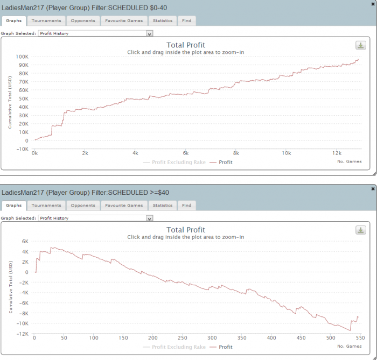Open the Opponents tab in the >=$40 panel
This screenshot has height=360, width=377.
83,206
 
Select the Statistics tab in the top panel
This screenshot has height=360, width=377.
163,20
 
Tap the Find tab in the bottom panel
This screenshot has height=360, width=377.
186,206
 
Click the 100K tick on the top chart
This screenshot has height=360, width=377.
22,56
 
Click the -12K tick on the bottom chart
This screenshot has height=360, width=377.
22,334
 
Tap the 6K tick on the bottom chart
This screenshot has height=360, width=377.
24,241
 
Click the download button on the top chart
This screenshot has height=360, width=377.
360,45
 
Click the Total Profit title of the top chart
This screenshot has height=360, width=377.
186,45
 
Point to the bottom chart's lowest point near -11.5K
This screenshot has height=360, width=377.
350,330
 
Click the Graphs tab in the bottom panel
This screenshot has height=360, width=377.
14,206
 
